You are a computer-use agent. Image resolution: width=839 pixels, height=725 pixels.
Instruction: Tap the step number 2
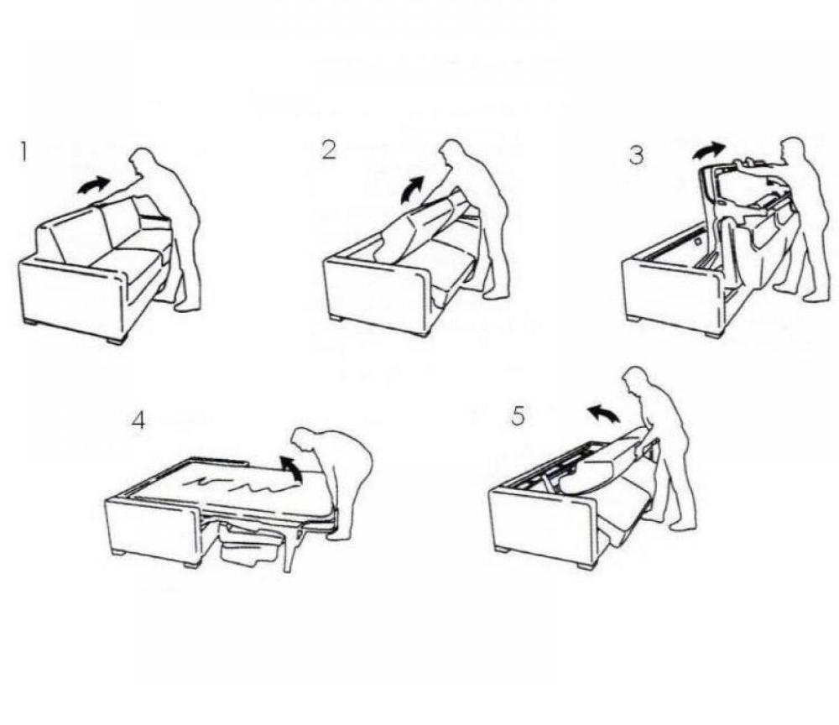(x=329, y=150)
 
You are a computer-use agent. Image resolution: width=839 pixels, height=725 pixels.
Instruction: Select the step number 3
(x=638, y=155)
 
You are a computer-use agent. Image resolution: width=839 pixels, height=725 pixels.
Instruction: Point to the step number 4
(x=138, y=420)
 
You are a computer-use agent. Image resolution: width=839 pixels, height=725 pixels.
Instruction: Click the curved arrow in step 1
(x=94, y=185)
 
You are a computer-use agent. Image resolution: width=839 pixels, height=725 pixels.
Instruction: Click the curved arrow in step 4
(x=292, y=466)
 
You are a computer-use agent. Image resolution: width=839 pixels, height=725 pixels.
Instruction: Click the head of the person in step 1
(x=143, y=161)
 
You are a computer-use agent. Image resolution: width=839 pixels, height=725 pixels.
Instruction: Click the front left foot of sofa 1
(x=33, y=319)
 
